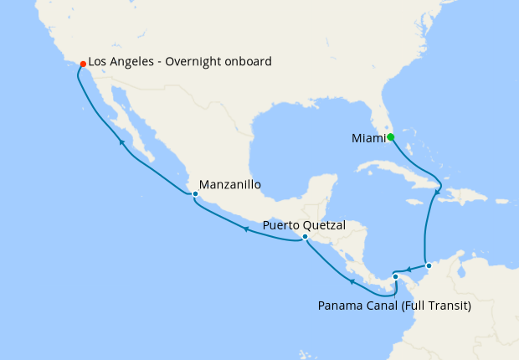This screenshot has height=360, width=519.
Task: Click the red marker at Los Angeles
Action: tap(82, 64)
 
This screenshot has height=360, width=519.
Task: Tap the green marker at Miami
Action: tap(390, 137)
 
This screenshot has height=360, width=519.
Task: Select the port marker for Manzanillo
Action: tap(195, 194)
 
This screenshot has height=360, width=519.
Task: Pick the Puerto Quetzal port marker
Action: tap(305, 237)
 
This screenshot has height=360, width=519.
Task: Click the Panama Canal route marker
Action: tap(395, 276)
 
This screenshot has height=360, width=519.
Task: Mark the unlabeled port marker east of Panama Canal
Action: tap(429, 266)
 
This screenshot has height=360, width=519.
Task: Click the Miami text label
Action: tap(366, 138)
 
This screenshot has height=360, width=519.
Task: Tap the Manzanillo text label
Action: tap(231, 184)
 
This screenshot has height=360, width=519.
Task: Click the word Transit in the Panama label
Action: tap(447, 306)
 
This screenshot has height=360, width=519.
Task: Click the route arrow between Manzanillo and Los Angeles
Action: tap(121, 143)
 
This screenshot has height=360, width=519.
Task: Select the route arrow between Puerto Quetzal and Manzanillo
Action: tap(246, 229)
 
